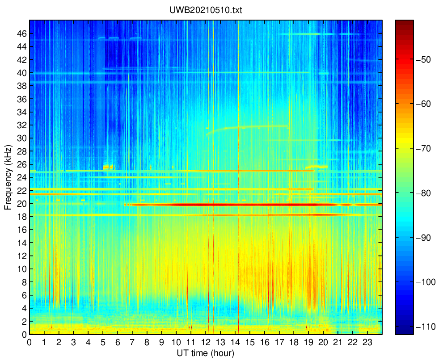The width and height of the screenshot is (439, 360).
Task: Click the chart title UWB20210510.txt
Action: (x=206, y=10)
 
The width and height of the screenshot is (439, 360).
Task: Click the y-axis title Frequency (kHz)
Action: (x=8, y=177)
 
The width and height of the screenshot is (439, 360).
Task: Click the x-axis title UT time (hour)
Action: (x=206, y=353)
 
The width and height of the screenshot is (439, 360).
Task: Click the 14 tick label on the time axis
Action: (x=235, y=343)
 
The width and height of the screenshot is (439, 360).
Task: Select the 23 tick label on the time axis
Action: (x=367, y=343)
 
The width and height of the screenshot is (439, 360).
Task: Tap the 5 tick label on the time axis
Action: (x=103, y=343)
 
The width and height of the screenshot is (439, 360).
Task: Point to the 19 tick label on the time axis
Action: (x=309, y=343)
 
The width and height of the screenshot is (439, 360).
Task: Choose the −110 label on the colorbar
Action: (x=426, y=327)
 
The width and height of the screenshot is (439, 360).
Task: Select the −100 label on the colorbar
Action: (x=426, y=282)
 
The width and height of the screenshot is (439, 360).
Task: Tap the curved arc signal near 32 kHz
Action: (x=247, y=127)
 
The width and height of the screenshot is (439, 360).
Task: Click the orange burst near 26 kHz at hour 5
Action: (x=108, y=167)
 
